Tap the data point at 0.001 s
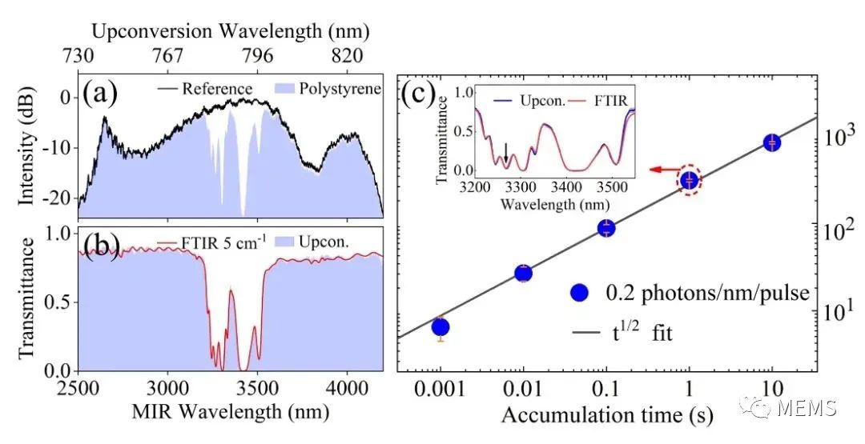tap(440, 326)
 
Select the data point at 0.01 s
tap(523, 273)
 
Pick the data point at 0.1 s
tap(606, 228)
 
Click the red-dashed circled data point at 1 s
tap(690, 181)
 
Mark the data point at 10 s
tap(772, 142)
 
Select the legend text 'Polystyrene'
tap(336, 88)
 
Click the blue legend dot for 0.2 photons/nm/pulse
tap(578, 293)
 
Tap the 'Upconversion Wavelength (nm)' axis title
tap(231, 32)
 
